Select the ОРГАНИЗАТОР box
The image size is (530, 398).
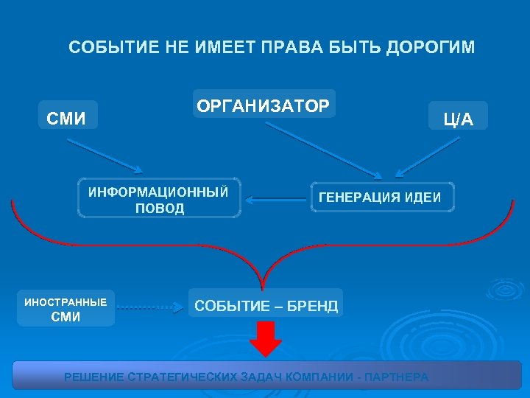[263, 105]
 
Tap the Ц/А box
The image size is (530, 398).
[458, 116]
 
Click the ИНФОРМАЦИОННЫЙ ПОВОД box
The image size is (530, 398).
[159, 198]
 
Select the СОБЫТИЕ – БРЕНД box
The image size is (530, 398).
[266, 304]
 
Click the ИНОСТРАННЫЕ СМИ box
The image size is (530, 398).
[66, 308]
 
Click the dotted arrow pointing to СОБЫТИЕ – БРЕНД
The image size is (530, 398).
[151, 304]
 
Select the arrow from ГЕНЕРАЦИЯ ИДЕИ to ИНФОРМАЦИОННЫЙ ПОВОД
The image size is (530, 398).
[275, 198]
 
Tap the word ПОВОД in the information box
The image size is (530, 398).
[159, 209]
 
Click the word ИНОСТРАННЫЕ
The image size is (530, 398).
[66, 301]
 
